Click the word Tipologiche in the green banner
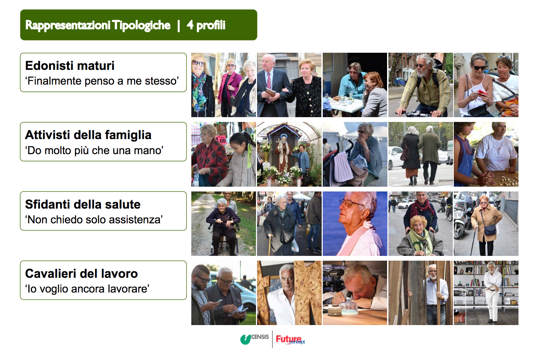pos(141,25)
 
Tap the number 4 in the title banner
pos(190,25)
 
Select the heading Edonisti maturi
pos(70,65)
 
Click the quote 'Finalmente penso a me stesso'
pos(102,81)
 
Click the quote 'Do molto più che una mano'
pos(94,150)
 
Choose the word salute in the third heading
pos(123,204)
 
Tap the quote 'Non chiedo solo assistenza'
pos(94,220)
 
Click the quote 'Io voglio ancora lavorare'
pos(87,289)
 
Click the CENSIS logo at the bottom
pos(255,338)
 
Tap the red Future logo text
pos(289,339)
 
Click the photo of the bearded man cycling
pos(421,85)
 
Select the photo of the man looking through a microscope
pos(355,293)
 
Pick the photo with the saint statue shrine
pos(289,154)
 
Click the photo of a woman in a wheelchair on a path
pos(223,224)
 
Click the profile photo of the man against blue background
pos(355,224)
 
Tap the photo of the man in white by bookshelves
pos(486,293)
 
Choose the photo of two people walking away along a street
pos(421,154)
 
